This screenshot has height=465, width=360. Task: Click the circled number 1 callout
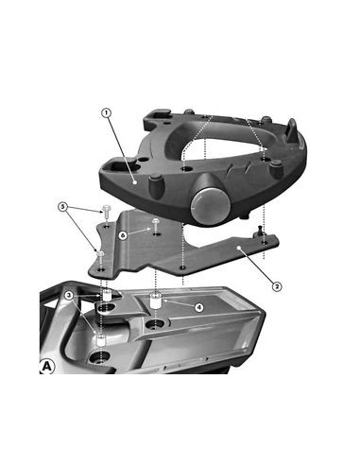point(106,113)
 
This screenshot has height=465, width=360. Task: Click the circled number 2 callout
point(276,284)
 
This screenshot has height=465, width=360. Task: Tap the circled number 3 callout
point(69,295)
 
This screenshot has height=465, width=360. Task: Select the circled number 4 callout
point(197,306)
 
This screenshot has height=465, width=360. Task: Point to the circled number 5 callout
point(63,206)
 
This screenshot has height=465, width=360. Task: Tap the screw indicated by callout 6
point(154,223)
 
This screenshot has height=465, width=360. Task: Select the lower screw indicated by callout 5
point(101,255)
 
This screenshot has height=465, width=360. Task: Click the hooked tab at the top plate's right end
point(294,129)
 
